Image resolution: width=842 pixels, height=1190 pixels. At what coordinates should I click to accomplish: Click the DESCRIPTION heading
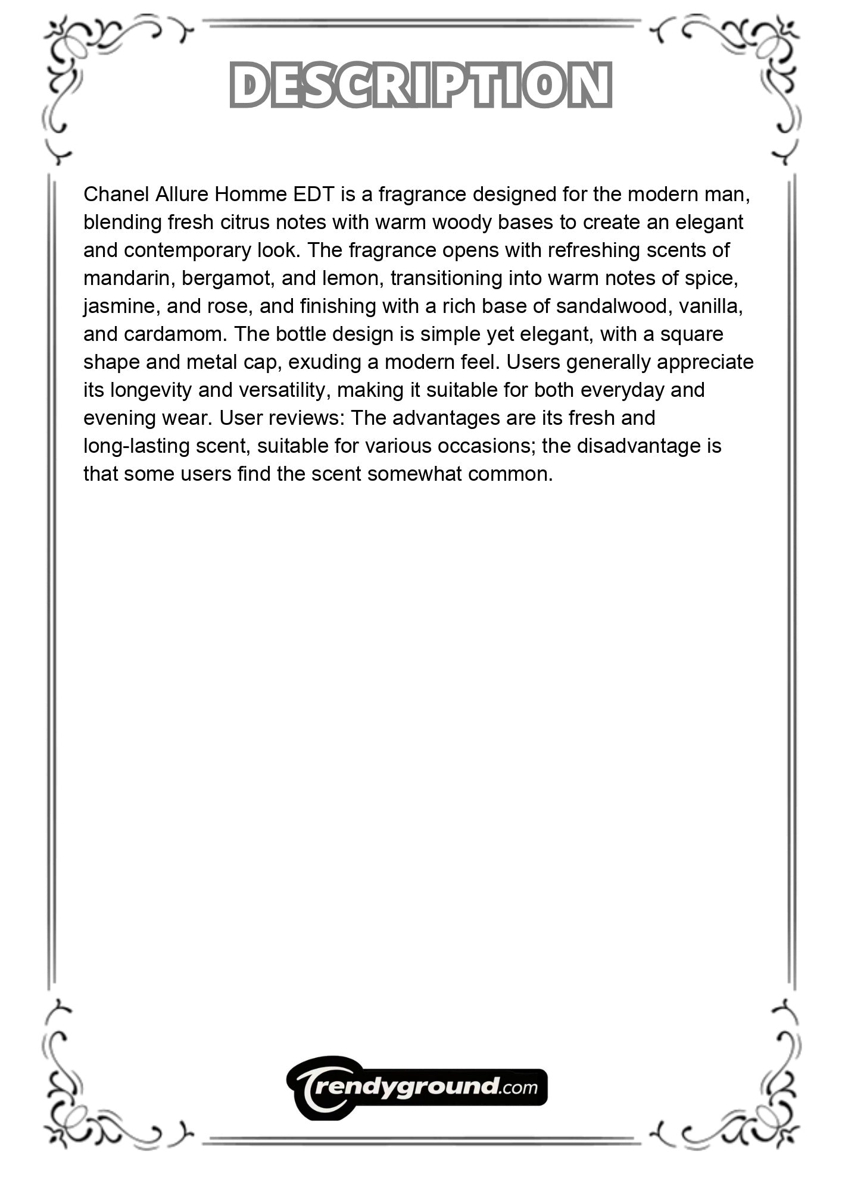pyautogui.click(x=420, y=84)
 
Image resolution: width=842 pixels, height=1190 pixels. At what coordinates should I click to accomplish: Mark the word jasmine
pyautogui.click(x=119, y=306)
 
